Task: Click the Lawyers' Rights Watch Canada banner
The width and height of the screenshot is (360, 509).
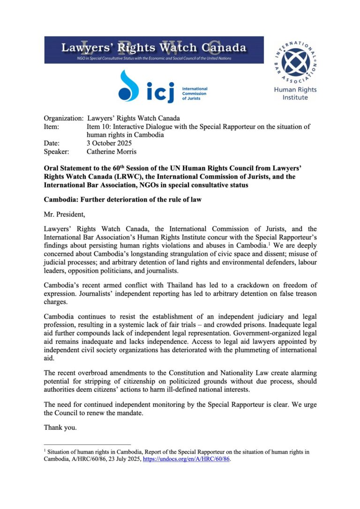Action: (x=154, y=50)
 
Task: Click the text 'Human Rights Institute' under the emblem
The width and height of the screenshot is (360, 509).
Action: (x=295, y=93)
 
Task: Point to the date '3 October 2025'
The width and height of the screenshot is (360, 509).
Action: (x=109, y=143)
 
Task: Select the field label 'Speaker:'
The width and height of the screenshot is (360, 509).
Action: (x=56, y=151)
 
